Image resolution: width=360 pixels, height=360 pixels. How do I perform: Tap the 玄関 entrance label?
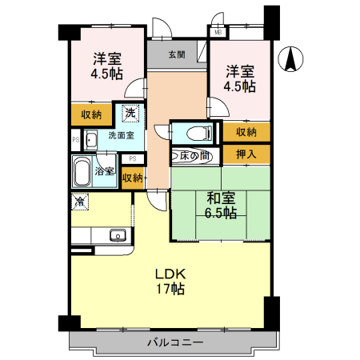click(177, 55)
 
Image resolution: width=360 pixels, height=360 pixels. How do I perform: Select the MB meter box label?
click(218, 33)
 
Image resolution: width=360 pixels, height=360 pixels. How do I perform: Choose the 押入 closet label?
click(246, 154)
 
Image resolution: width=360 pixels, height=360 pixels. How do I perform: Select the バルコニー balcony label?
click(174, 342)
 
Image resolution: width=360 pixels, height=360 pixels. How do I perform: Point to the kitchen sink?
click(117, 235)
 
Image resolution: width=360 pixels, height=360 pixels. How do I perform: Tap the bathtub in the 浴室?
click(81, 170)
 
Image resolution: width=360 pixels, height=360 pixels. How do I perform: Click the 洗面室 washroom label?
click(121, 136)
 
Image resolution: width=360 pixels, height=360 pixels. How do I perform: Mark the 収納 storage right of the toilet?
click(246, 132)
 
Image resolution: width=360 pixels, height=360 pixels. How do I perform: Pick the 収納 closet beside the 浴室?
click(132, 177)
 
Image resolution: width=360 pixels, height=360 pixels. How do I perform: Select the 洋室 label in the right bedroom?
click(239, 70)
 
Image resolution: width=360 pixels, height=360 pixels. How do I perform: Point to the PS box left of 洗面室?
click(75, 141)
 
